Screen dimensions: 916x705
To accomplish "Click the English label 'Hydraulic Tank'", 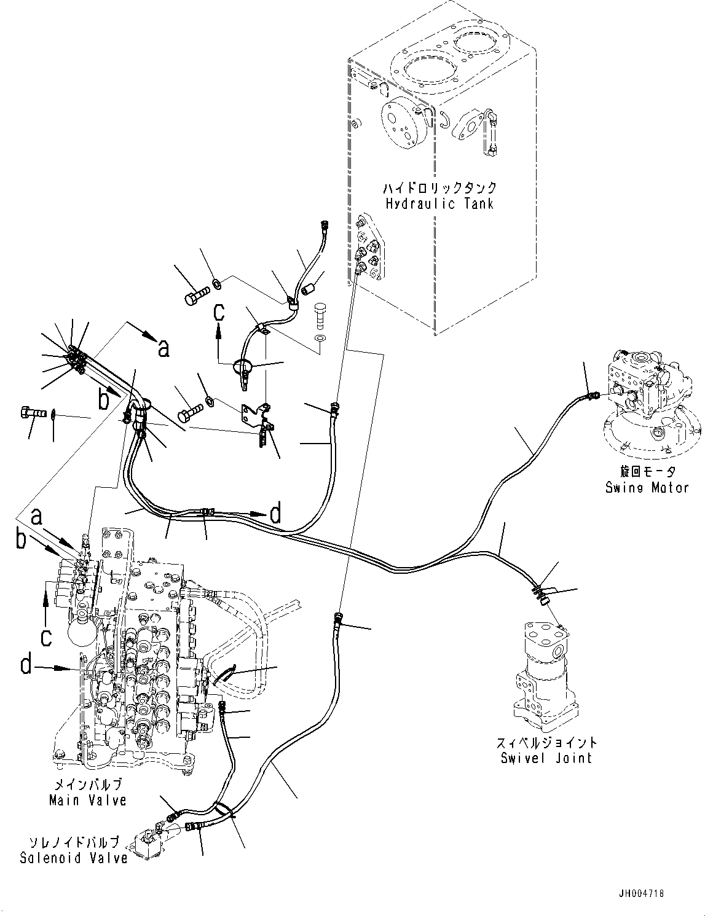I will click(439, 204).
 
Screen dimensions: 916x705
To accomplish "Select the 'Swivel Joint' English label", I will click(546, 758).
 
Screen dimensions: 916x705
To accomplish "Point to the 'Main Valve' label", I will click(88, 800).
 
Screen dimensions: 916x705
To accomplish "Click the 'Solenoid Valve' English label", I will click(73, 858).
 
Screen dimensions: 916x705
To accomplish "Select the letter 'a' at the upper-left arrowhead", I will click(163, 350).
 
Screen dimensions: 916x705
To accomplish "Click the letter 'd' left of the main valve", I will click(26, 664).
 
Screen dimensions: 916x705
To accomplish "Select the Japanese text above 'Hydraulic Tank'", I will click(439, 188).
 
